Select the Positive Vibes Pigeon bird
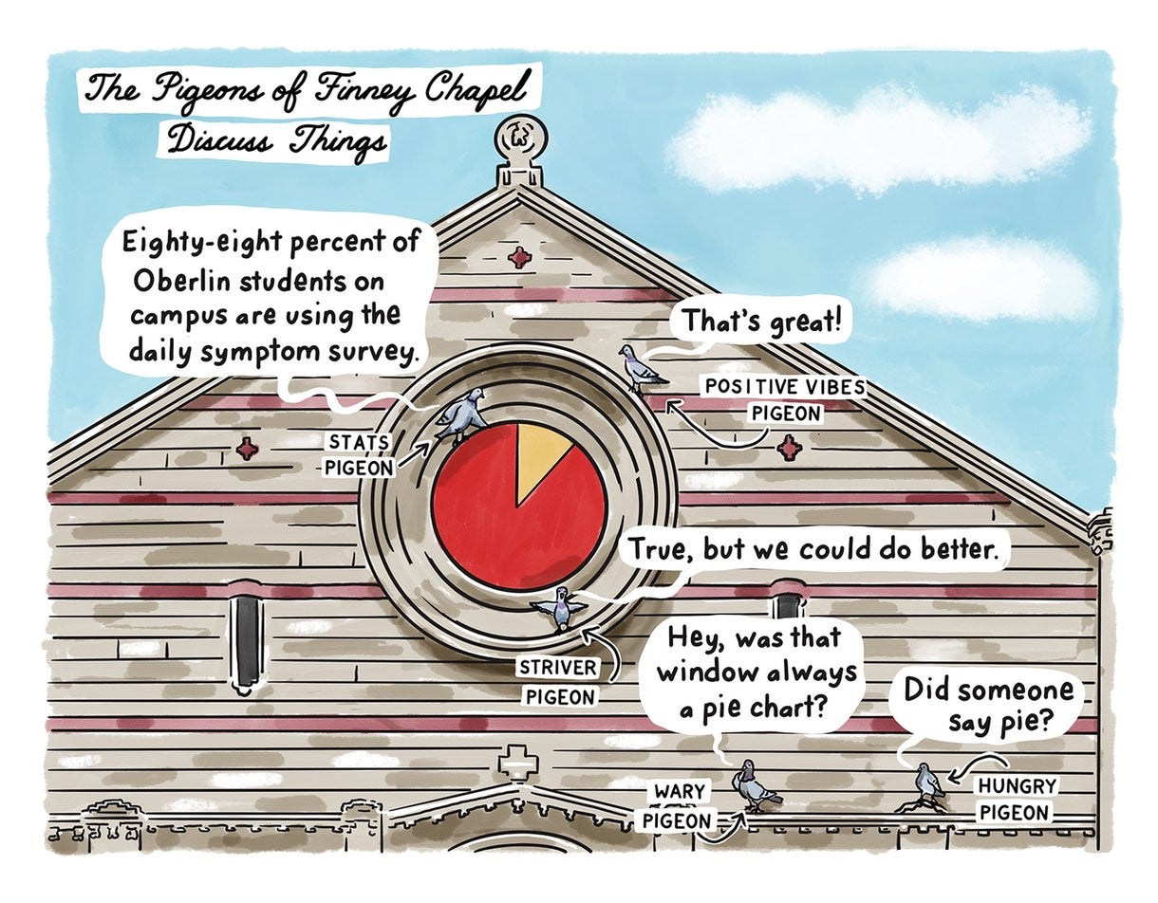pyautogui.click(x=642, y=368)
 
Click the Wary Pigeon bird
pyautogui.click(x=752, y=784)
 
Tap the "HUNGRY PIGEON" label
pyautogui.click(x=1014, y=799)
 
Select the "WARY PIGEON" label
pyautogui.click(x=680, y=804)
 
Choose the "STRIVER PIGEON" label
pyautogui.click(x=558, y=681)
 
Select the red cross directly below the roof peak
pyautogui.click(x=518, y=256)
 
